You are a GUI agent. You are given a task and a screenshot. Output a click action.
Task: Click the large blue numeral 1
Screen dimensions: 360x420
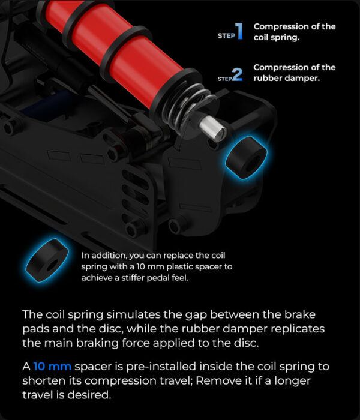239,31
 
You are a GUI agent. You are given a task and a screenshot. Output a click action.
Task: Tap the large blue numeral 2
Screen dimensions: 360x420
238,74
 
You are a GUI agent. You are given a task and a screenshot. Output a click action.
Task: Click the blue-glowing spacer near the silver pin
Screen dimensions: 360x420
246,157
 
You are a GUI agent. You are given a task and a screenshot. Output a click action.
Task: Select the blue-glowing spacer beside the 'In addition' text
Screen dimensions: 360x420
47,260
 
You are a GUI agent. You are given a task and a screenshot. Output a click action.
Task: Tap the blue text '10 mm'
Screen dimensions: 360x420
52,366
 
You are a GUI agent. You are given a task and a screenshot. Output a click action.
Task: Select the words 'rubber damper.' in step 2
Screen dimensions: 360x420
287,78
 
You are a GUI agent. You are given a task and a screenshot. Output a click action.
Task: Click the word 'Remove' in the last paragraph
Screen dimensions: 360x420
215,380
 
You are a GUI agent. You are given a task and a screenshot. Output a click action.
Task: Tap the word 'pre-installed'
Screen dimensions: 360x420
161,367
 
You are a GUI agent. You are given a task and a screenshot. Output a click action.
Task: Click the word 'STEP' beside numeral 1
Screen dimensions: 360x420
226,36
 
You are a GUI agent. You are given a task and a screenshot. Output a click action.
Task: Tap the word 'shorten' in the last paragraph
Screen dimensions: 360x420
44,380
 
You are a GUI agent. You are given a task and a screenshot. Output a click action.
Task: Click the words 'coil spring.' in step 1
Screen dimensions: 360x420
277,37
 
